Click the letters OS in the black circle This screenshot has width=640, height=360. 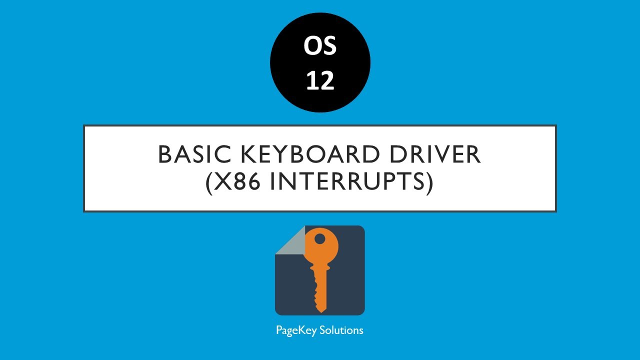point(320,46)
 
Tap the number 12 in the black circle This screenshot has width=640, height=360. point(320,80)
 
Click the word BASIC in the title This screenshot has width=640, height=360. point(194,154)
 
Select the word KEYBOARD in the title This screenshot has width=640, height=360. point(310,154)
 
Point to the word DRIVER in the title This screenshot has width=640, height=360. point(435,154)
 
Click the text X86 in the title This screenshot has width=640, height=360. point(237,181)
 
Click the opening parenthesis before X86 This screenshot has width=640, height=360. point(209,183)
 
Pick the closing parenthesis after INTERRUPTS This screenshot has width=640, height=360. point(429,183)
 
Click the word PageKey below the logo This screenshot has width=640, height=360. point(296,330)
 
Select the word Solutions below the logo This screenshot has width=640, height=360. point(341,330)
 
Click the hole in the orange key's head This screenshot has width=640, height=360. point(320,239)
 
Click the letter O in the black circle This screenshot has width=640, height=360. point(311,46)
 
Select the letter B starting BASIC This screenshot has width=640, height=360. point(165,154)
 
